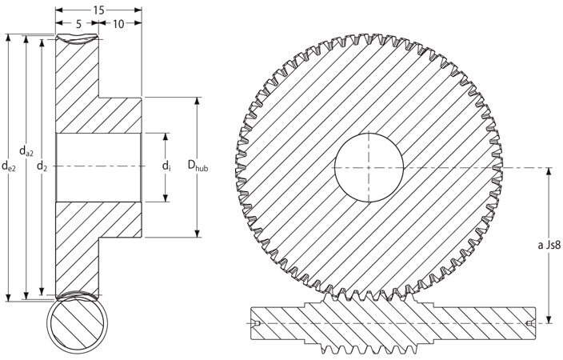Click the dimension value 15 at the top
(98, 10)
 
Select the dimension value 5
(78, 24)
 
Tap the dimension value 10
(118, 24)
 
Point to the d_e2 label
(9, 166)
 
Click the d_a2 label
(26, 152)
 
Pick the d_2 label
(42, 166)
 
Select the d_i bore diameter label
(166, 166)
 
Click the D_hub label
(198, 166)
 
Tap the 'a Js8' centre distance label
(549, 246)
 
